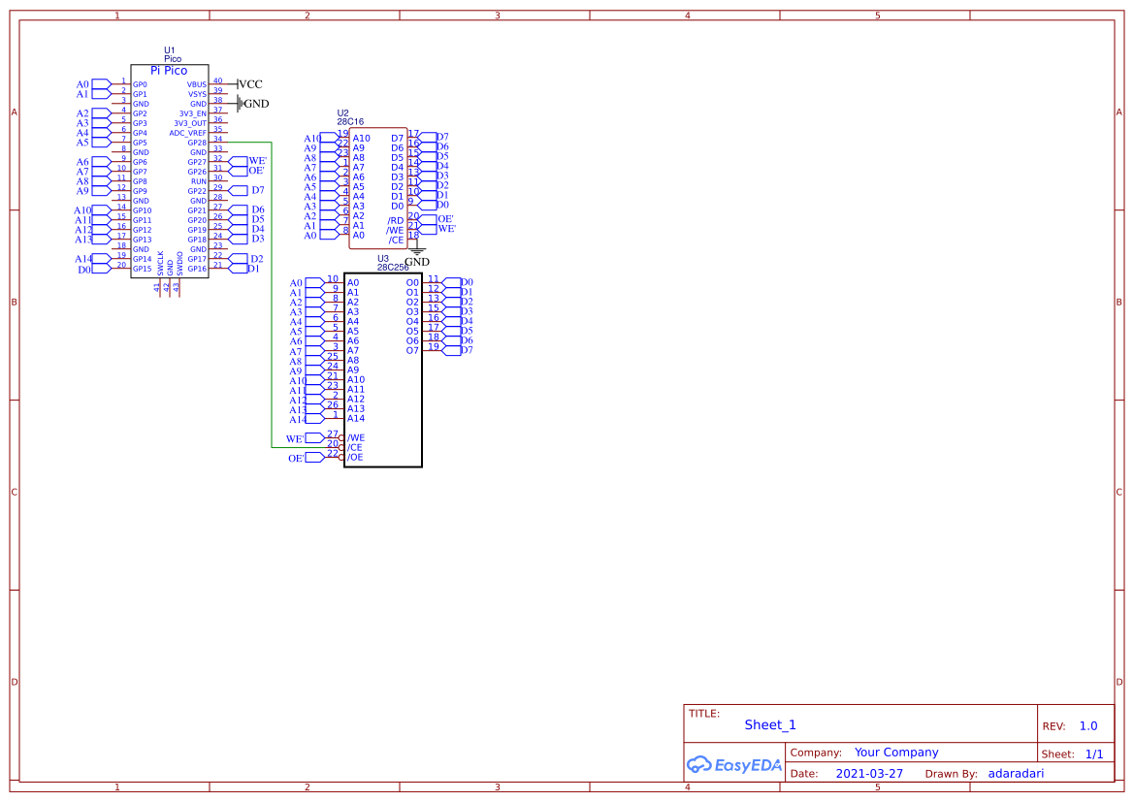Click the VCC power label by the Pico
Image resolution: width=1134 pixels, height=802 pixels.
(249, 84)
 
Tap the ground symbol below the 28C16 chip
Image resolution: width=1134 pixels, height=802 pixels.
(416, 251)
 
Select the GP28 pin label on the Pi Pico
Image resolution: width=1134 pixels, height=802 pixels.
(197, 143)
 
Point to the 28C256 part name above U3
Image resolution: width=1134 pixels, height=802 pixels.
(393, 267)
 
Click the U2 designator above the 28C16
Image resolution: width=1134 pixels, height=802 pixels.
(342, 113)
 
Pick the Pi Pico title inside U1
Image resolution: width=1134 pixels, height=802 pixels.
(169, 71)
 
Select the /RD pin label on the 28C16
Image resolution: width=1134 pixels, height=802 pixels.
(396, 221)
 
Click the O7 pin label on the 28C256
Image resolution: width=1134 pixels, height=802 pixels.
(412, 350)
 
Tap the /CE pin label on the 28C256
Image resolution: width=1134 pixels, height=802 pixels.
(355, 447)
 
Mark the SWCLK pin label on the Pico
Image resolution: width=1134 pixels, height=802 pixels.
(160, 264)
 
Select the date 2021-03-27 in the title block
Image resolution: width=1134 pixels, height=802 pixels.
(869, 774)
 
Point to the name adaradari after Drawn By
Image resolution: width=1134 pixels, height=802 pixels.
(1016, 774)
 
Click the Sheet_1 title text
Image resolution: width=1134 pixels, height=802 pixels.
(770, 724)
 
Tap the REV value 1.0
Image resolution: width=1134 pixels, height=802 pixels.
(1088, 725)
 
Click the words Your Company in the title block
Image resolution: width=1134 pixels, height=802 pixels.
(896, 752)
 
